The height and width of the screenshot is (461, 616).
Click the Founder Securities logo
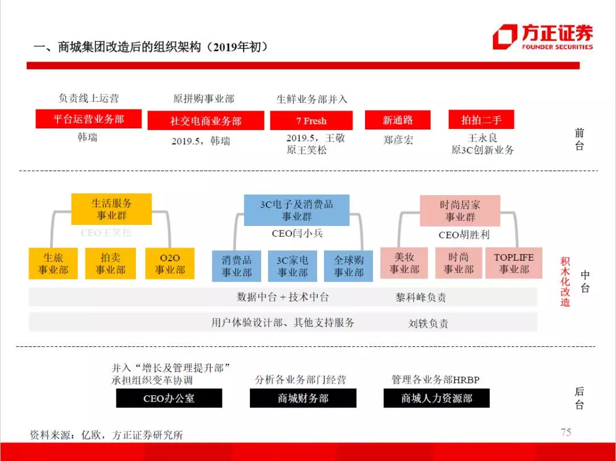pos(542,37)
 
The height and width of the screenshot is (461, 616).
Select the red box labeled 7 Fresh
pos(311,120)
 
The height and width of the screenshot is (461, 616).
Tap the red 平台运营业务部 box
pos(88,119)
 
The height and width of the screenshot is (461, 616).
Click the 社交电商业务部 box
pos(205,120)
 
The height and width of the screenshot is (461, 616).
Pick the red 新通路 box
pos(398,120)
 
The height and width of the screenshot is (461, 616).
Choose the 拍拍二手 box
pos(481,119)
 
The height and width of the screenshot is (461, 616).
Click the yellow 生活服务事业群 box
pos(111,209)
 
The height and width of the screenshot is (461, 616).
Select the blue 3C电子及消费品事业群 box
pos(297,210)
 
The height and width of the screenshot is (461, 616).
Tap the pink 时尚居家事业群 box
pos(460,211)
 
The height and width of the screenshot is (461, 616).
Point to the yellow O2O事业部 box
pos(169,264)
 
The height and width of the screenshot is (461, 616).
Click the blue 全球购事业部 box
pos(348,266)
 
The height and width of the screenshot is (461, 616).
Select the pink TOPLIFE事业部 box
pos(514,263)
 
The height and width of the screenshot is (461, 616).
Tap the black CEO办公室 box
pos(169,398)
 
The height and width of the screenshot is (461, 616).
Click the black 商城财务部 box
pos(303,398)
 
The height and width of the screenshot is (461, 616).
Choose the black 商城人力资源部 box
pos(436,398)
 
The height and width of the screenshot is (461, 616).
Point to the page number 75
pos(565,432)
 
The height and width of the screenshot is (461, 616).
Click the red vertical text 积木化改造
pos(565,281)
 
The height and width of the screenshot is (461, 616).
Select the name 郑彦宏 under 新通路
pos(398,140)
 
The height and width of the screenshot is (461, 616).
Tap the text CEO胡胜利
pos(464,234)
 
